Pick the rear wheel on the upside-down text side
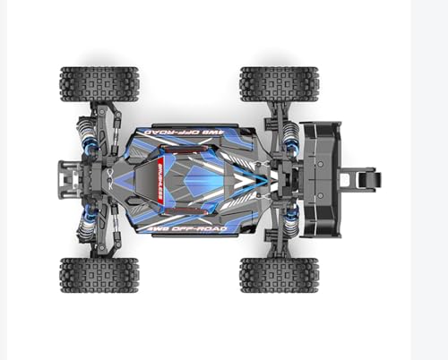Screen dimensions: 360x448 click(268, 83)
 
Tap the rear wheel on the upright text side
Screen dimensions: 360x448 click(268, 274)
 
